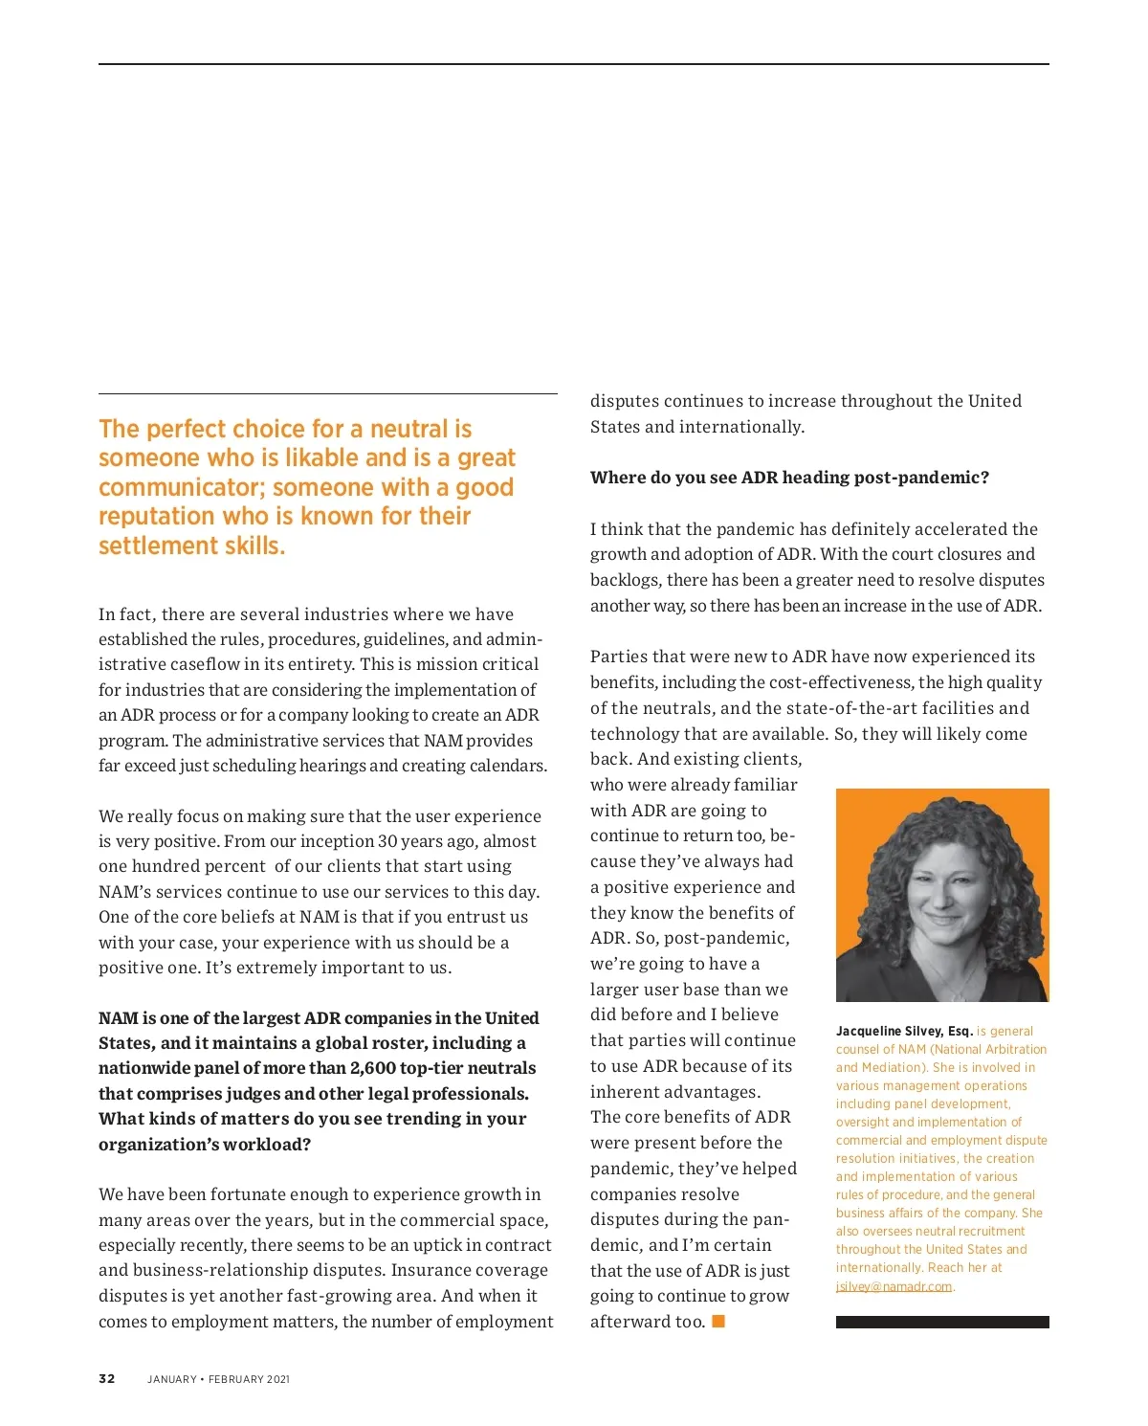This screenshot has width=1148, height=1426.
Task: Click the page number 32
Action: coord(107,1379)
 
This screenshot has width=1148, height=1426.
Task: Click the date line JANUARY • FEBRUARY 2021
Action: coord(218,1379)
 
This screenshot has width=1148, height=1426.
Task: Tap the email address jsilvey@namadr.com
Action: coord(894,1286)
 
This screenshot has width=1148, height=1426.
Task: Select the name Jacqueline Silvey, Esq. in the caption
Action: coord(904,1031)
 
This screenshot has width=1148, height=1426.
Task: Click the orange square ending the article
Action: coord(718,1322)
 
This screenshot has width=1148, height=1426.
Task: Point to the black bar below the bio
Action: coord(942,1322)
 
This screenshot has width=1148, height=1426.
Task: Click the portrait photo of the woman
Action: coord(942,895)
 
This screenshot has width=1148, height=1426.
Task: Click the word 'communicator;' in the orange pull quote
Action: coord(182,487)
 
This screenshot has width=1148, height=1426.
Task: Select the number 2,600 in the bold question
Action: coord(372,1068)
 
